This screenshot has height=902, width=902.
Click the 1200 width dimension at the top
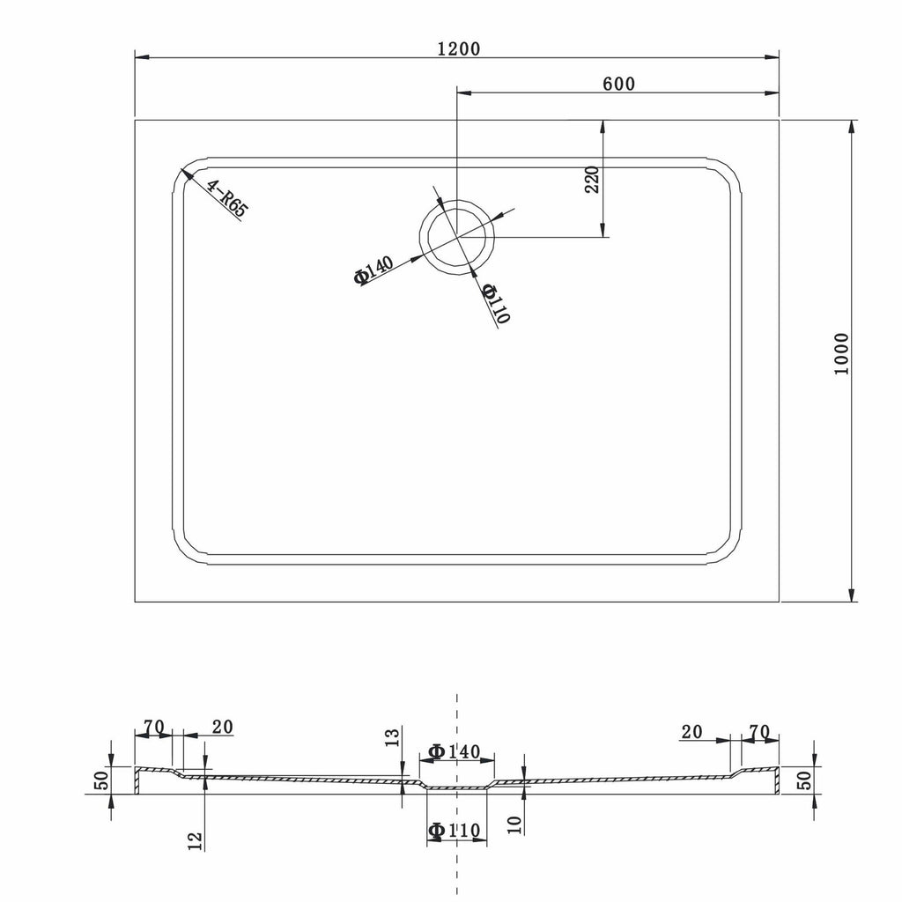[x=458, y=48]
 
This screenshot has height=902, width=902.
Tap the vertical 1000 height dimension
[x=841, y=354]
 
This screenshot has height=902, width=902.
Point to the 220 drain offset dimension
[x=592, y=179]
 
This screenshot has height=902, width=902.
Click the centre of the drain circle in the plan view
[x=456, y=237]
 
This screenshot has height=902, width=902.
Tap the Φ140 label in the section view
[x=454, y=751]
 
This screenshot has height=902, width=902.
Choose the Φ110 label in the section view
[x=454, y=831]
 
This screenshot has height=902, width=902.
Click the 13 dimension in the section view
[x=393, y=739]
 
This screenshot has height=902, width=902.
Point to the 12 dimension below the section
[x=196, y=841]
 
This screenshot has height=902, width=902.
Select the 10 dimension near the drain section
[x=516, y=824]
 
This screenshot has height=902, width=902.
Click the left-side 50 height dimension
[x=100, y=780]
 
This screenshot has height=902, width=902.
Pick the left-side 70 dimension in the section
[x=154, y=727]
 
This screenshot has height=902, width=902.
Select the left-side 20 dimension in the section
[x=222, y=727]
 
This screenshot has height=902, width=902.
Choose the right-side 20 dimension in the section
[x=692, y=731]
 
